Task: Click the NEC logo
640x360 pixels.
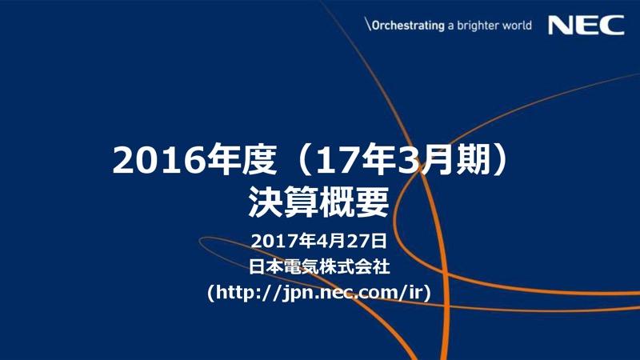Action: point(586,26)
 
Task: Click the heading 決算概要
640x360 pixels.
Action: point(319,202)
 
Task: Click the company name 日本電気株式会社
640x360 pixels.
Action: point(319,266)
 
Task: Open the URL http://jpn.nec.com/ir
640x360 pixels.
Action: point(320,293)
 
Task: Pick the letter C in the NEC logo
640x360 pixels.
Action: point(612,26)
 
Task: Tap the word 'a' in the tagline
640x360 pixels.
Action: point(450,26)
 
